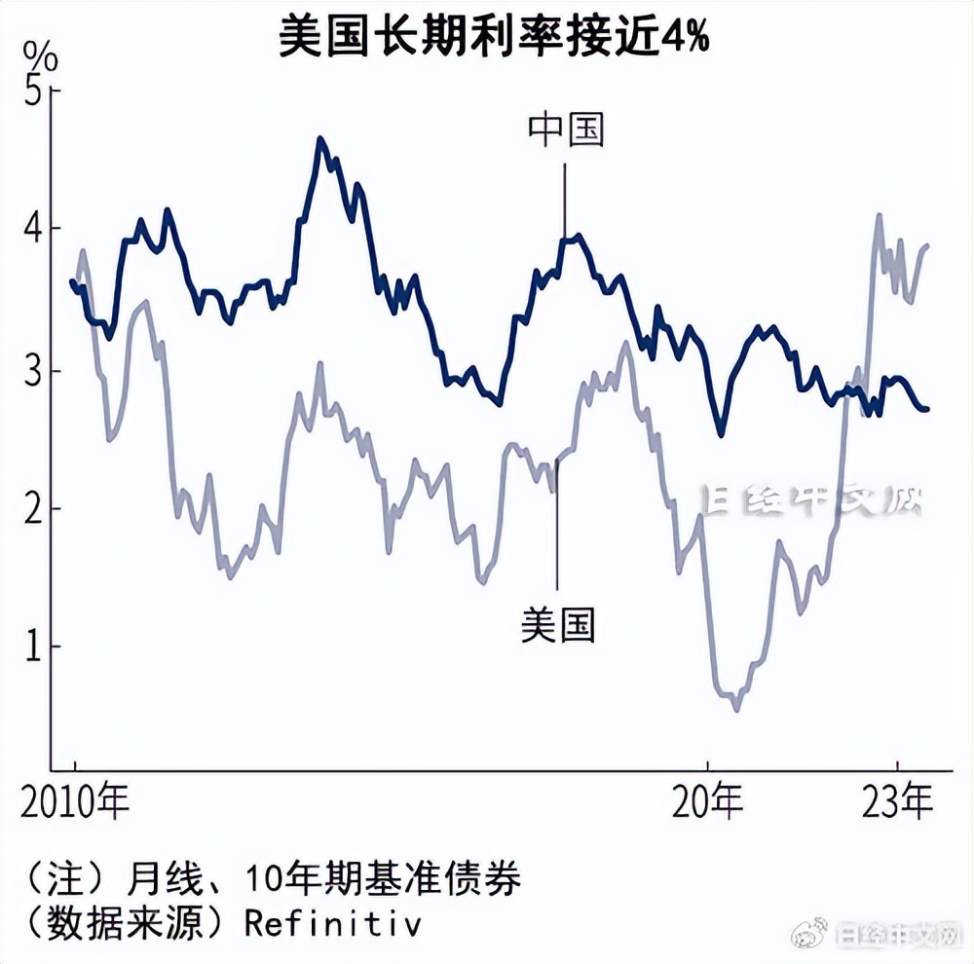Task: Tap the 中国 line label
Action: coord(566,130)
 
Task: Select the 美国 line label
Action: coord(558,623)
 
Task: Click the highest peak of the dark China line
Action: coord(319,139)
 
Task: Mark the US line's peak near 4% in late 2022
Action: coord(879,215)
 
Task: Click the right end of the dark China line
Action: coord(926,409)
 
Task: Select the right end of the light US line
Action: coord(926,245)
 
